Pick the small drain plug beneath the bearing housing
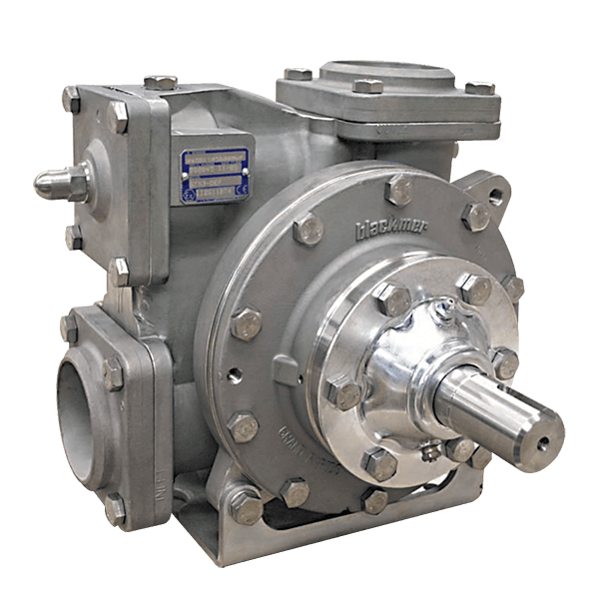[431, 456]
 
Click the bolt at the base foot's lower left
[244, 509]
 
